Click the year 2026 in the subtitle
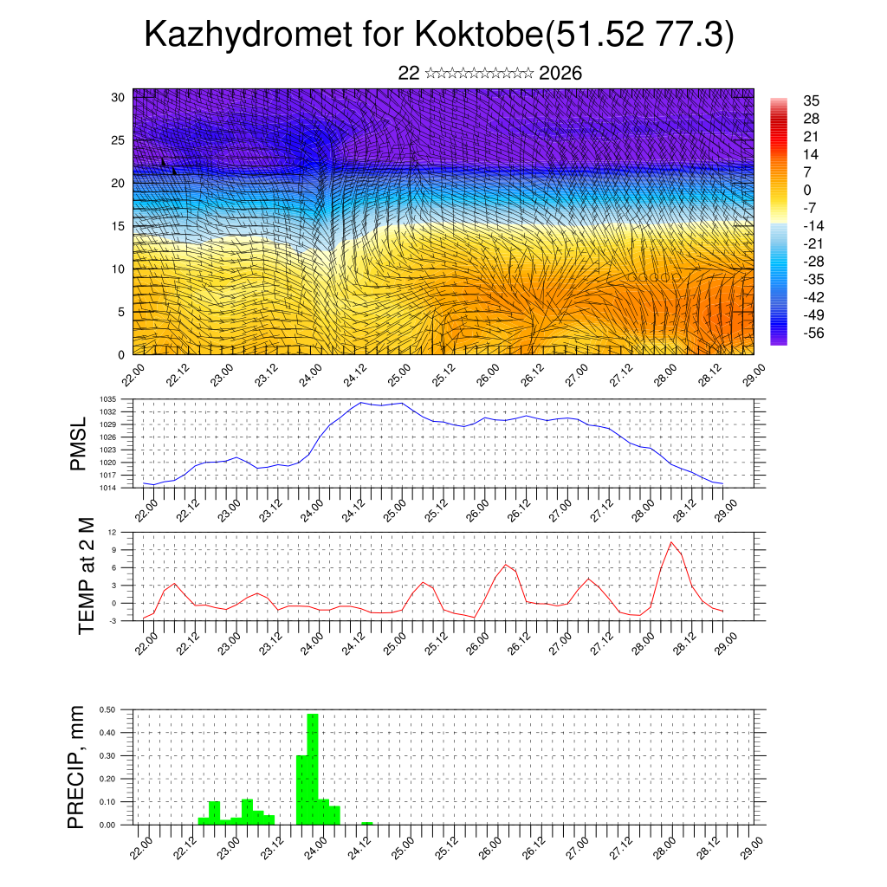point(560,73)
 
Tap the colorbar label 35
point(812,101)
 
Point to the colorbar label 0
point(808,190)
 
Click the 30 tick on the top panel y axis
point(119,97)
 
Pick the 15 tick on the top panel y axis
point(119,226)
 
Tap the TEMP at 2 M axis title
point(86,576)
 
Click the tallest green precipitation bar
point(313,767)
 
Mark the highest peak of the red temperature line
point(671,542)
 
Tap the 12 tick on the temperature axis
point(113,532)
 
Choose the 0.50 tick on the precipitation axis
point(107,709)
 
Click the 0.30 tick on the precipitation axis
point(107,755)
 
